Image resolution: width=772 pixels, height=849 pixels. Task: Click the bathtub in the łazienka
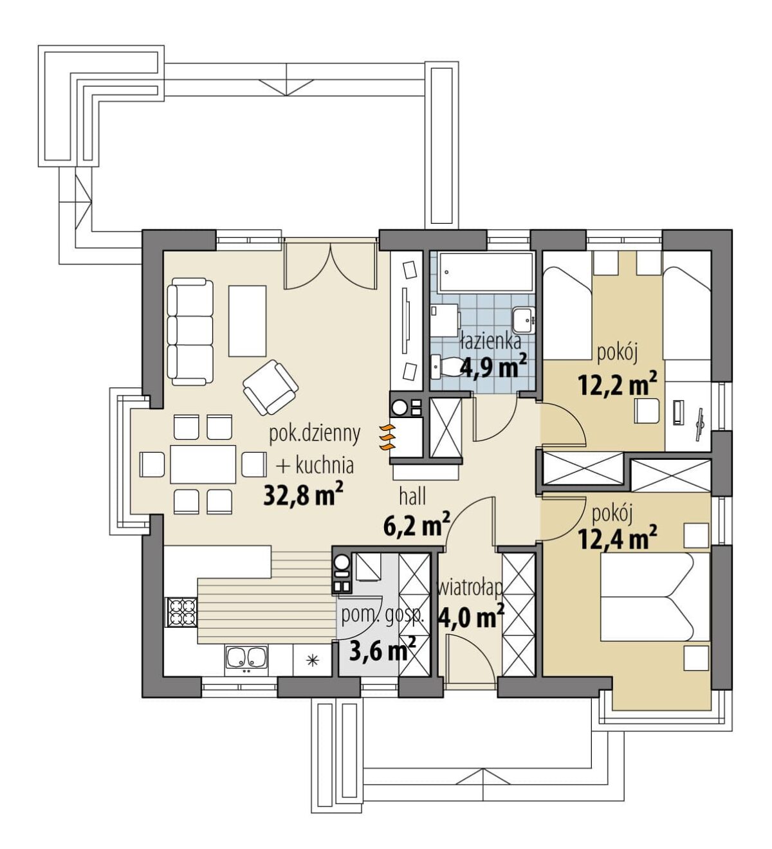(485, 272)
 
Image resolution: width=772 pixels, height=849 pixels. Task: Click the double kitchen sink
(246, 659)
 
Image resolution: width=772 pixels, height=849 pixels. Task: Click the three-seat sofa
(190, 331)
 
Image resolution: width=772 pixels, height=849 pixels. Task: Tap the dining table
(203, 464)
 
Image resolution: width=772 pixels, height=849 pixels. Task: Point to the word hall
(412, 497)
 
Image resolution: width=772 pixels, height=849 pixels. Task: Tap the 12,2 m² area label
(618, 385)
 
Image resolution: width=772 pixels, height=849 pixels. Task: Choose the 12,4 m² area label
(618, 539)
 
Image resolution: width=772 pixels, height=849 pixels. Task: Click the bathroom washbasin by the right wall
(524, 320)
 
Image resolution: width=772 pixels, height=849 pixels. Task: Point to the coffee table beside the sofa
(248, 321)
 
